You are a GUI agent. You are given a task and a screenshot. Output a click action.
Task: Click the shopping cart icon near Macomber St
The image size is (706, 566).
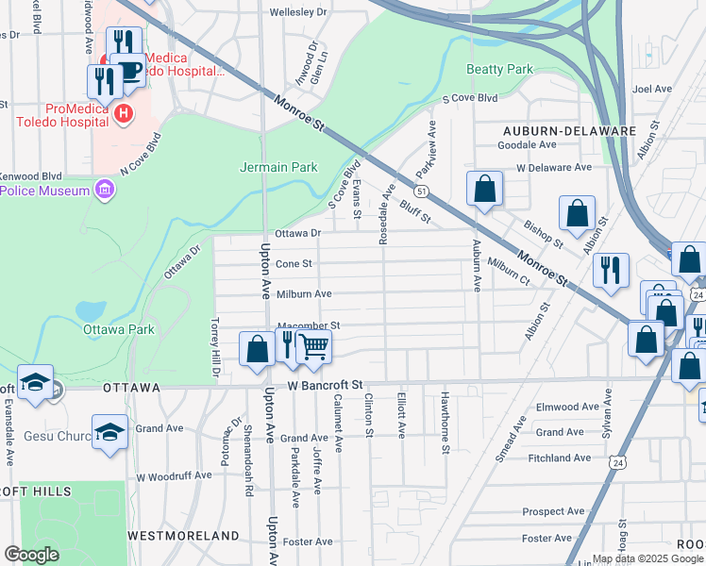pyautogui.click(x=314, y=345)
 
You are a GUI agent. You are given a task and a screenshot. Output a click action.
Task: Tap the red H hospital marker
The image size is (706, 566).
pyautogui.click(x=122, y=114)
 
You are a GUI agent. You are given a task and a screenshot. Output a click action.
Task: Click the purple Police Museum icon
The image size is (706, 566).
pyautogui.click(x=104, y=191)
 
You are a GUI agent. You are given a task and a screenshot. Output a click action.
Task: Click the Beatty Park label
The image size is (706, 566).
pyautogui.click(x=500, y=69)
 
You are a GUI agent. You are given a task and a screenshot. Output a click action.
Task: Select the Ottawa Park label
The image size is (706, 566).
pyautogui.click(x=118, y=330)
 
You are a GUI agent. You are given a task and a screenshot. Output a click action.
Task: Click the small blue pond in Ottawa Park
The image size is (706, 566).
pyautogui.click(x=91, y=310)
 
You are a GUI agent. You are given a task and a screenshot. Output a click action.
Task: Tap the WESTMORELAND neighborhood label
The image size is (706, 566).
pyautogui.click(x=183, y=536)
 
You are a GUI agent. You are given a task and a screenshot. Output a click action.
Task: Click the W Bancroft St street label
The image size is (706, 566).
pyautogui.click(x=326, y=386)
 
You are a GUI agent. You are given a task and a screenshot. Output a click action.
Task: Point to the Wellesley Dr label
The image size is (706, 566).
pyautogui.click(x=297, y=13)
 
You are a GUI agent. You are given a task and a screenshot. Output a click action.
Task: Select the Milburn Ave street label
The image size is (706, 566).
pyautogui.click(x=304, y=294)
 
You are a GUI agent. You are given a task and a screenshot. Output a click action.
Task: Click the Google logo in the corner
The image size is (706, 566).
pyautogui.click(x=31, y=555)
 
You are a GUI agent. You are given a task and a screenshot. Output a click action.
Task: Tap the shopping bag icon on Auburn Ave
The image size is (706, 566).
pyautogui.click(x=484, y=189)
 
